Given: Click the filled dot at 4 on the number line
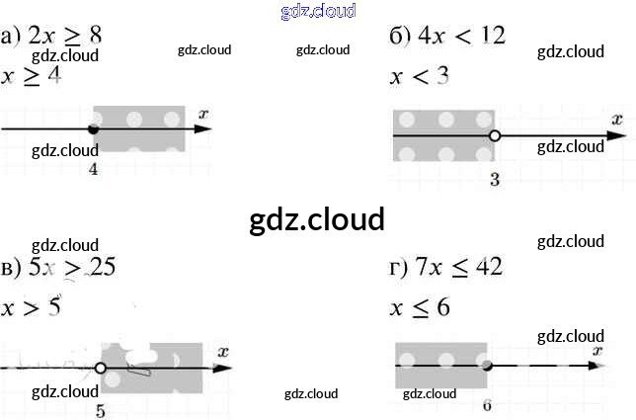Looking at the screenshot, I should [x=93, y=129].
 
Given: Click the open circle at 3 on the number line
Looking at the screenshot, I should [x=495, y=136].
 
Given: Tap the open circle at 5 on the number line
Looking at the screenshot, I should [x=100, y=368].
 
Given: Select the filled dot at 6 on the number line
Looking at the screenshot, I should [x=487, y=365].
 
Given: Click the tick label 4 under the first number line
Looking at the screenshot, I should [x=93, y=170].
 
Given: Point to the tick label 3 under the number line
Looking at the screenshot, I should [x=495, y=179].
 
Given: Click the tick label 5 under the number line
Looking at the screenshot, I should [x=100, y=411].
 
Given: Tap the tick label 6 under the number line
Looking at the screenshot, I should [x=488, y=405].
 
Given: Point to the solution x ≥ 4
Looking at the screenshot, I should [x=32, y=76].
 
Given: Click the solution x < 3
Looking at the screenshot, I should [x=420, y=76].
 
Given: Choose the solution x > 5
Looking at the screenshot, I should [x=32, y=306].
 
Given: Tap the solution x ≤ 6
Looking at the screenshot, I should [x=420, y=307].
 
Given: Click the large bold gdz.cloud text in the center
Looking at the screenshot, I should [x=317, y=219].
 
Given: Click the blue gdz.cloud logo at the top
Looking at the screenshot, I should [x=318, y=11].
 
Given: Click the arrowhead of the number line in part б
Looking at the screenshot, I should [x=618, y=136].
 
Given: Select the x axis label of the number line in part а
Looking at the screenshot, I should [x=202, y=115].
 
